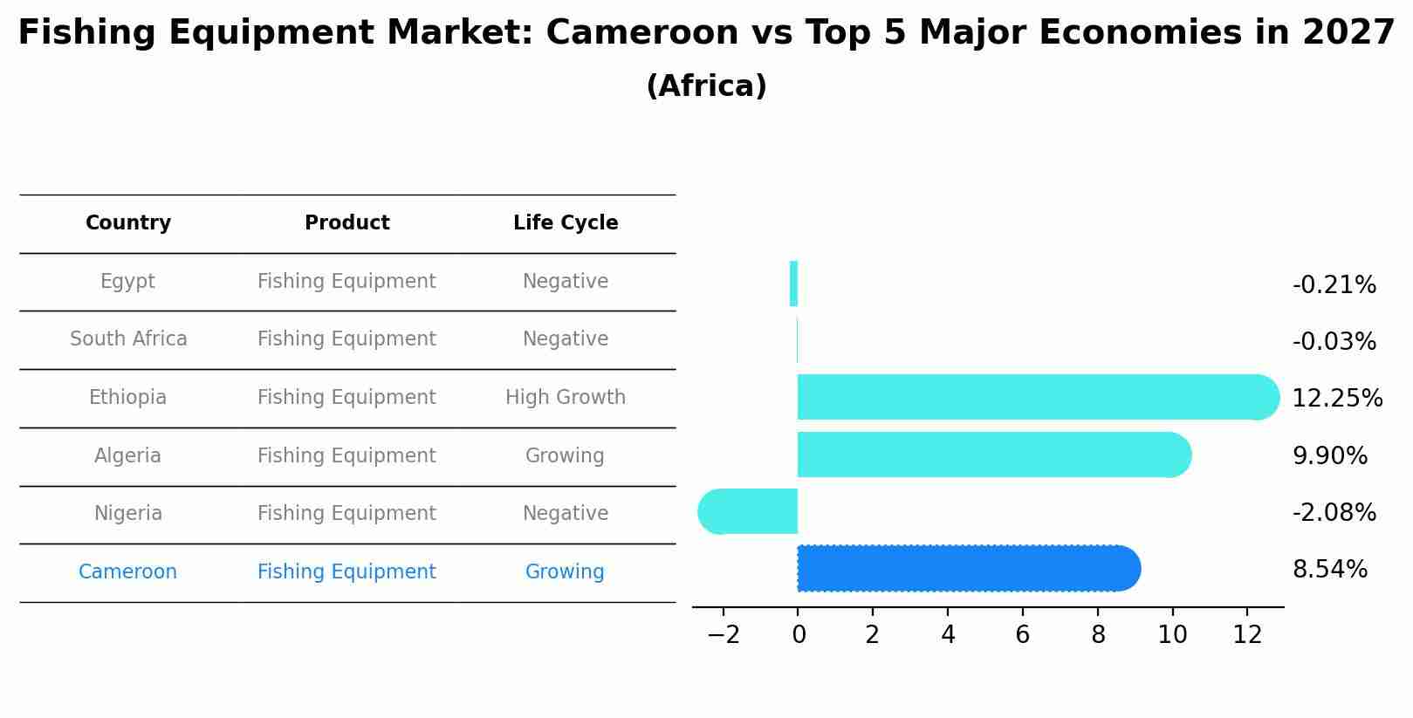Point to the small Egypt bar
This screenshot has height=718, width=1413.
(793, 284)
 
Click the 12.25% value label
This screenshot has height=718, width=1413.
(1336, 399)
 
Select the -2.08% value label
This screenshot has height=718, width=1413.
(1334, 513)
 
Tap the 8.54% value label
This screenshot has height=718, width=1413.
(1329, 570)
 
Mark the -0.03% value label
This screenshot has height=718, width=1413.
(1334, 342)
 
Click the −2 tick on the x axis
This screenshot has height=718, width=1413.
(724, 635)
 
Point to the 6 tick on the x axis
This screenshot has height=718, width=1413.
(1022, 635)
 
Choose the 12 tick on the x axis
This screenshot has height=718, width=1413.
(1247, 635)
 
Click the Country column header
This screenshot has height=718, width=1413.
(128, 223)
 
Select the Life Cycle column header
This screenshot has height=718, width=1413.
(566, 223)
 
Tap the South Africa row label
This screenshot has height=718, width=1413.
(128, 339)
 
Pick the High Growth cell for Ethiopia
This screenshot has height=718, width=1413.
(566, 398)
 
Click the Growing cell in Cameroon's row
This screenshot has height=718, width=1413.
(565, 572)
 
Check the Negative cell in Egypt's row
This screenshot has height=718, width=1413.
(566, 282)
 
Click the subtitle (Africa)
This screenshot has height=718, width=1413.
(706, 86)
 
